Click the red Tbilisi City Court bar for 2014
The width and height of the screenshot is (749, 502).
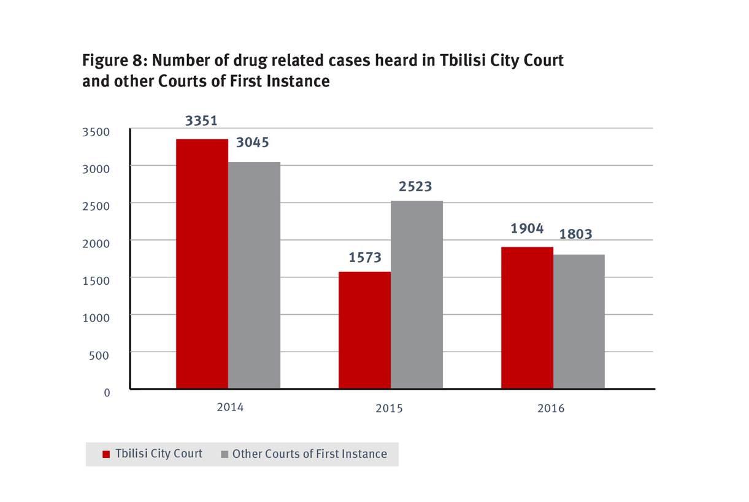(202, 264)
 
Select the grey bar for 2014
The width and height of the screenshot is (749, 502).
(254, 275)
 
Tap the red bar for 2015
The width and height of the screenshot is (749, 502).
(364, 330)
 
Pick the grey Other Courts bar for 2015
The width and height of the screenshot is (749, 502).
(417, 295)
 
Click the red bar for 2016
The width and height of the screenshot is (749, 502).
(527, 317)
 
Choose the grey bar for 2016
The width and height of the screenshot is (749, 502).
(578, 321)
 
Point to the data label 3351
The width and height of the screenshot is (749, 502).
(201, 120)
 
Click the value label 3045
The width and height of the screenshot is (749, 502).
(253, 143)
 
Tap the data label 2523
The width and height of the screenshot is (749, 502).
(415, 186)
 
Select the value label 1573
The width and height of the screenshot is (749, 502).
(365, 257)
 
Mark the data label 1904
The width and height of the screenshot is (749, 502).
(527, 228)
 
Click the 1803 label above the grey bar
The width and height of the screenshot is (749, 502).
(575, 234)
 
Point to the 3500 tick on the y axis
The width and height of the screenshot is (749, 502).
(97, 131)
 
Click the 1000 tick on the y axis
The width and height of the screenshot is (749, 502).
(97, 317)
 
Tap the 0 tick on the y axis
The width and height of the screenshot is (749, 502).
(107, 392)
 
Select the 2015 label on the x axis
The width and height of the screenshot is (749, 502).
(389, 408)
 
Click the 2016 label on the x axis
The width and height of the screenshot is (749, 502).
(551, 408)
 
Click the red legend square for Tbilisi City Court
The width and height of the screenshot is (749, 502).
(106, 454)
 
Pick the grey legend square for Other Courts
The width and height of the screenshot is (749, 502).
(224, 454)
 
